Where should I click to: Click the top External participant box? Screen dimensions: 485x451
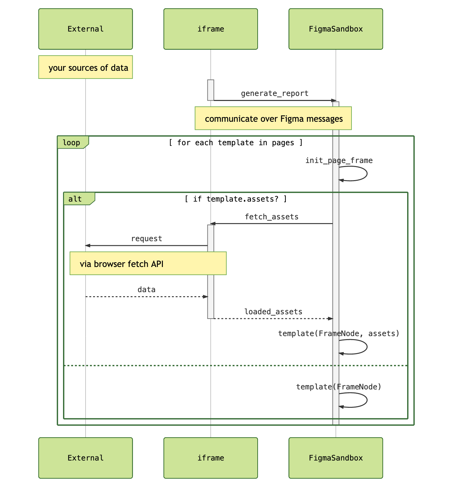[x=85, y=29]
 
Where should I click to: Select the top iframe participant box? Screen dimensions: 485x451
[x=210, y=29]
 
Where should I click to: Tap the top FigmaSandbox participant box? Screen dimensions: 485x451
[x=335, y=29]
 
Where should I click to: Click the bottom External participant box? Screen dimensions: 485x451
[x=85, y=458]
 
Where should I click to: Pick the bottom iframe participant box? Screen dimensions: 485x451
[x=210, y=458]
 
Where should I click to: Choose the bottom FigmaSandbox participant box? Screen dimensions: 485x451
[x=335, y=458]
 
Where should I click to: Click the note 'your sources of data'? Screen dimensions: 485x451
[x=85, y=67]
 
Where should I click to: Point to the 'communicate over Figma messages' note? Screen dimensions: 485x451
[x=273, y=118]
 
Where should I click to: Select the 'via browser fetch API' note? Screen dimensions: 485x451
[x=148, y=264]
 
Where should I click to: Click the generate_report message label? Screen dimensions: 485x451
[x=274, y=94]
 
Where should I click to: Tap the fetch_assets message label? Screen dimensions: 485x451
[x=271, y=217]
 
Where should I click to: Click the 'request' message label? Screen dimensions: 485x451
[x=146, y=239]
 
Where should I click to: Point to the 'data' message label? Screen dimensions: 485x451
[x=146, y=290]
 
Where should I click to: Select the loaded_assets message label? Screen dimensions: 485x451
[x=273, y=312]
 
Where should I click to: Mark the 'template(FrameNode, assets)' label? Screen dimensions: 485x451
[x=339, y=333]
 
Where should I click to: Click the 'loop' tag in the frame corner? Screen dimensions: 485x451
[x=72, y=143]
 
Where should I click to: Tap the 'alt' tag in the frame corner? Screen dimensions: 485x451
[x=75, y=199]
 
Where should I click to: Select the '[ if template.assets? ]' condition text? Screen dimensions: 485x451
[x=236, y=199]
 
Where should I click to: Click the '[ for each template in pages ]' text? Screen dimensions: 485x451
[x=236, y=143]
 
